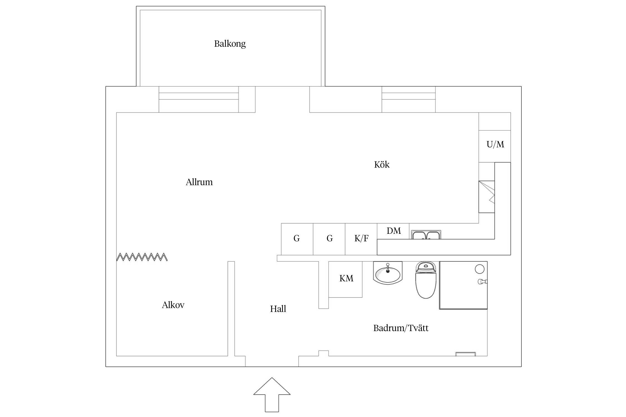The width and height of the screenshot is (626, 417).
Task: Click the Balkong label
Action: point(230,44)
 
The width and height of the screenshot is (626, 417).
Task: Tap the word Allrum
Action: point(199,182)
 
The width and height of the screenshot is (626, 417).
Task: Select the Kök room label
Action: point(382,165)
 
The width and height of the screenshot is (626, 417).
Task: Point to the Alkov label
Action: point(173,305)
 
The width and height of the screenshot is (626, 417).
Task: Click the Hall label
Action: point(278,309)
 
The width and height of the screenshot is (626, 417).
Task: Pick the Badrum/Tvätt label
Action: point(401,328)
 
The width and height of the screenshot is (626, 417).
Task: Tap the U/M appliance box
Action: point(495,146)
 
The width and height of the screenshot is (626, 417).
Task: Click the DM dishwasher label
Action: point(394,231)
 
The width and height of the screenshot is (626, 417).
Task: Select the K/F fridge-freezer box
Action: point(361,239)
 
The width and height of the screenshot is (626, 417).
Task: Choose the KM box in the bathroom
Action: point(346,279)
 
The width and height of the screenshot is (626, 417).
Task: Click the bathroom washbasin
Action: point(388,273)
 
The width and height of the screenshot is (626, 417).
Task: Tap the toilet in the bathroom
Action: point(426,280)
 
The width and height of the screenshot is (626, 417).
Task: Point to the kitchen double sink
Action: point(426,235)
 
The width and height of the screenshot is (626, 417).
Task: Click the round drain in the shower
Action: point(479,269)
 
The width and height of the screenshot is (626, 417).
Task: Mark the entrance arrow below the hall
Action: point(272,394)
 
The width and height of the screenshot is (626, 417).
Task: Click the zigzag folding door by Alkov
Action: point(142,257)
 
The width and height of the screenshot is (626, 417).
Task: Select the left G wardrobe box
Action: point(297,239)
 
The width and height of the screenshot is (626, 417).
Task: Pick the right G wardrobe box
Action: point(329,239)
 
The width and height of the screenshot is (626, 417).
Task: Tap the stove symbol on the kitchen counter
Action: point(487,197)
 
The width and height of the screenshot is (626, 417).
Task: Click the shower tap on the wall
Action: point(482,282)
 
